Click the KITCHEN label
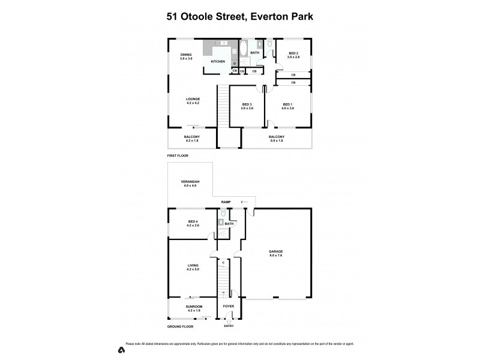(x=217, y=62)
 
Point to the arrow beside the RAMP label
(x=244, y=202)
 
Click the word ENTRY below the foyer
(x=229, y=326)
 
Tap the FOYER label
(x=229, y=307)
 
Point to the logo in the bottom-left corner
(x=121, y=349)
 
